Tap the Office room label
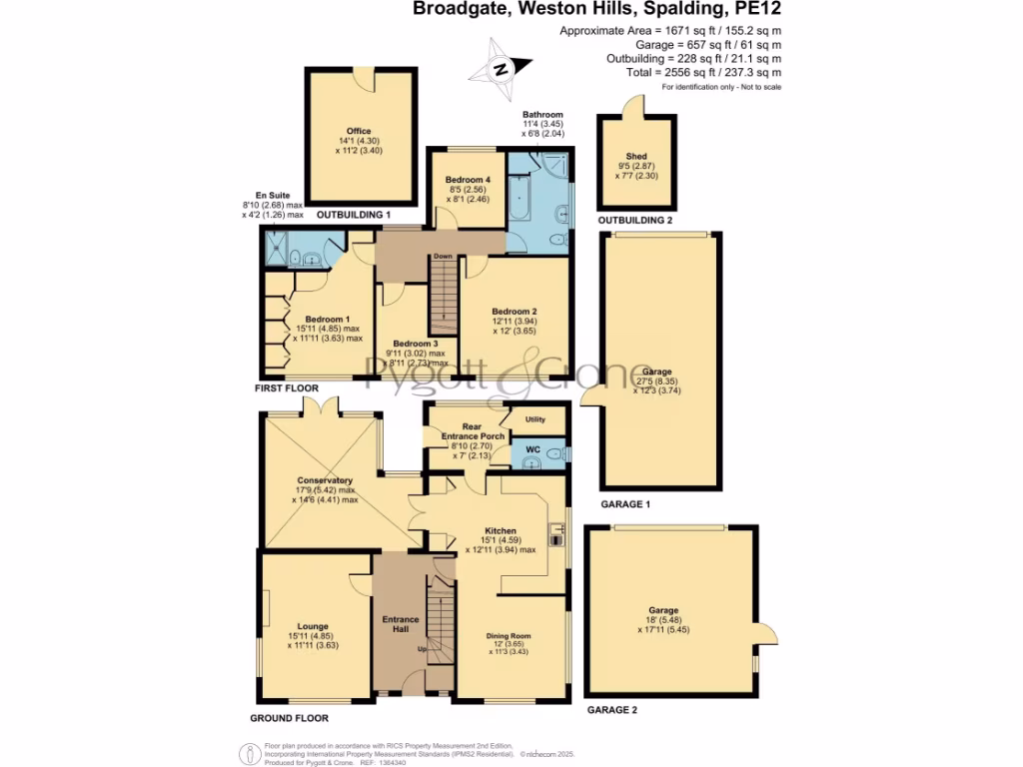pos(359,131)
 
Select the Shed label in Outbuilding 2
pos(635,157)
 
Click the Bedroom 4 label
pos(468,179)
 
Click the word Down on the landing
pos(444,256)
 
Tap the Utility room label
pos(534,419)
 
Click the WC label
pos(532,450)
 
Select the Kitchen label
pos(501,530)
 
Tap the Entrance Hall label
pos(401,625)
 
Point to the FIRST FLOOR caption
pos(287,387)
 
